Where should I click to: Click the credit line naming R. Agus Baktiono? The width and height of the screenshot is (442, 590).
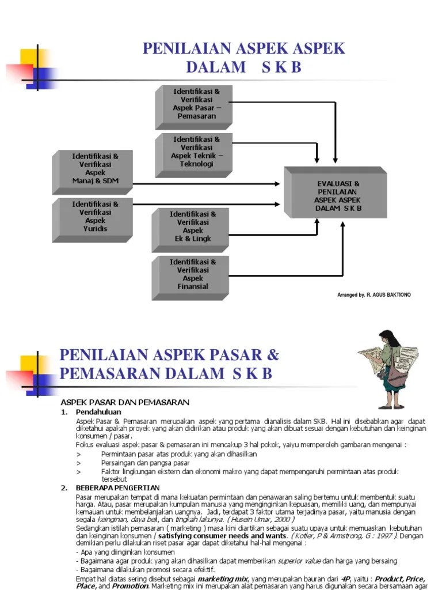(374, 295)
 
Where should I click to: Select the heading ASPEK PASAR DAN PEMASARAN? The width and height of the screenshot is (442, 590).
(125, 402)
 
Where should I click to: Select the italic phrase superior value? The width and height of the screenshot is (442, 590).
(299, 561)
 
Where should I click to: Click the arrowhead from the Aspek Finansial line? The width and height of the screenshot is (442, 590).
(343, 224)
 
